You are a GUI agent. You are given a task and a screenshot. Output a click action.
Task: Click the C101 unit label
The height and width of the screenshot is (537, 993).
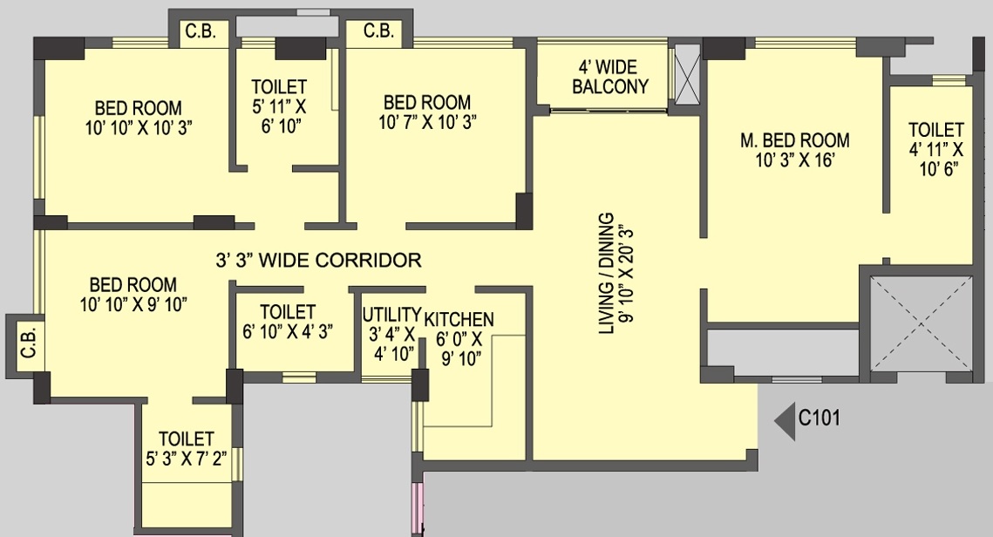(820, 418)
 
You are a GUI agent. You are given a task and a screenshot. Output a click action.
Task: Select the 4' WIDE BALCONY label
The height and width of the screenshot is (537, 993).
(607, 77)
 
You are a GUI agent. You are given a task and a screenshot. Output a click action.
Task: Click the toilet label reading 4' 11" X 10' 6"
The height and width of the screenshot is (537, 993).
(936, 149)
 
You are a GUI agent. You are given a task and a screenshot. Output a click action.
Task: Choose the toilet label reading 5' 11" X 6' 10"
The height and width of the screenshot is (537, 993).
(279, 106)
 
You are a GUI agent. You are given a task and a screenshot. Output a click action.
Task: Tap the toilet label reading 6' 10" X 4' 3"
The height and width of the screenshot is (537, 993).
(288, 321)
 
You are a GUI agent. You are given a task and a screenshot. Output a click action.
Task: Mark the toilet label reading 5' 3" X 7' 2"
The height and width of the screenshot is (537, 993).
(187, 448)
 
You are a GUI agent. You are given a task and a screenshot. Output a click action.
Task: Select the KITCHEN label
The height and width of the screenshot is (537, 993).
(459, 338)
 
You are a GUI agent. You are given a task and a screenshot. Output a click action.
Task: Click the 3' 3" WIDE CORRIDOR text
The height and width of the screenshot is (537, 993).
(318, 260)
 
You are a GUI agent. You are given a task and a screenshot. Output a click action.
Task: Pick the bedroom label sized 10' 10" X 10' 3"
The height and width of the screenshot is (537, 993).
(139, 117)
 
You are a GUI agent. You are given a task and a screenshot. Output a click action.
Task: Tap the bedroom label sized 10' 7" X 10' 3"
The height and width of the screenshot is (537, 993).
(427, 112)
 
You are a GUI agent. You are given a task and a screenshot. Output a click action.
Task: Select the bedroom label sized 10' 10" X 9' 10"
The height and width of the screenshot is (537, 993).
(133, 294)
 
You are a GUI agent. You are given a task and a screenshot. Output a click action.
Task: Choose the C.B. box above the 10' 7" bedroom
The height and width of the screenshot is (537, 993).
(377, 32)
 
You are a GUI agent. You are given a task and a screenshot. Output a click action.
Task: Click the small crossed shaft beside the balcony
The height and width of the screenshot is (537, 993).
(688, 77)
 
